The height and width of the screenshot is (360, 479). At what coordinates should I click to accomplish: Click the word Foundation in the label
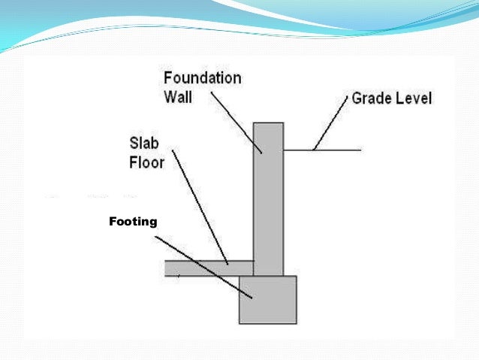click(202, 78)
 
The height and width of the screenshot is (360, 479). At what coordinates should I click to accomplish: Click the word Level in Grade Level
click(414, 98)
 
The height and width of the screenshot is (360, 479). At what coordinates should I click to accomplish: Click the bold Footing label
click(133, 222)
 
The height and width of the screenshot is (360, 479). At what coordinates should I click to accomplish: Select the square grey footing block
click(268, 300)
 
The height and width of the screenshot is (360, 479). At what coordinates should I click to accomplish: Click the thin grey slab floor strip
click(203, 268)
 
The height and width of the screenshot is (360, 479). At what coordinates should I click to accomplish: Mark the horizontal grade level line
click(330, 150)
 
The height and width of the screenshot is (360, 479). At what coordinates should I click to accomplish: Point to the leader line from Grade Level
click(331, 124)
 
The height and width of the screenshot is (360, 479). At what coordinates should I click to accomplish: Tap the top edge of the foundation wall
click(268, 123)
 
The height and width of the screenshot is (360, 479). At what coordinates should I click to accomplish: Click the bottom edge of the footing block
click(268, 323)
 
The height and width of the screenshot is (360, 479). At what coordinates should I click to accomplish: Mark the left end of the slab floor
click(166, 268)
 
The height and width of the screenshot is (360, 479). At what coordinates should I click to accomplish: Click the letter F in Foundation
click(168, 78)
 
